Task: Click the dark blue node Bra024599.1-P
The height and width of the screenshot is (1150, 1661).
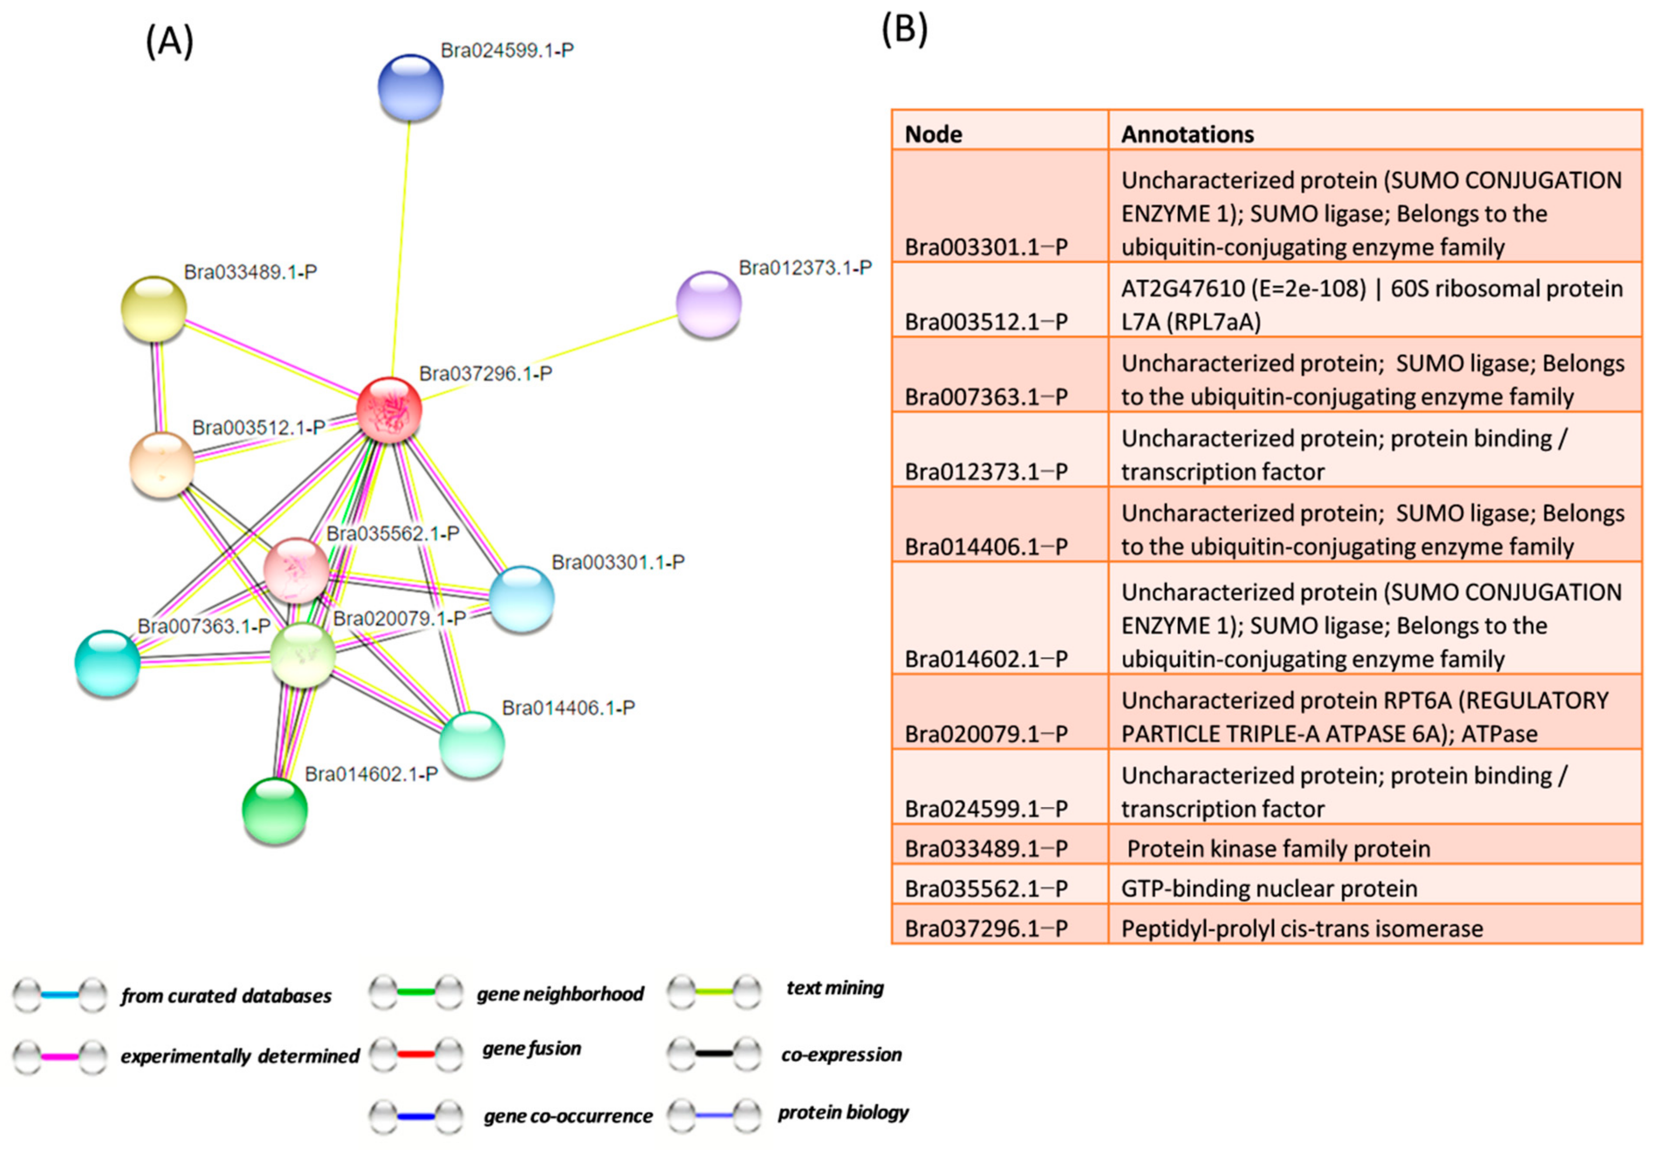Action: pyautogui.click(x=410, y=87)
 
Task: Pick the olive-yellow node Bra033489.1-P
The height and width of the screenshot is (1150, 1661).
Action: pyautogui.click(x=154, y=309)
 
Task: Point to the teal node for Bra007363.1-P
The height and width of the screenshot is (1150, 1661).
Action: pyautogui.click(x=107, y=663)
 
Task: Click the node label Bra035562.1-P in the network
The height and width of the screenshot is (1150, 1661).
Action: pyautogui.click(x=393, y=534)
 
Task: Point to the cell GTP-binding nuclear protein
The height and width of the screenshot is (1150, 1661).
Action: pyautogui.click(x=1269, y=888)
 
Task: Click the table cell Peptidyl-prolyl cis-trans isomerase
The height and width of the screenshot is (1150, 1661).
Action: pyautogui.click(x=1301, y=928)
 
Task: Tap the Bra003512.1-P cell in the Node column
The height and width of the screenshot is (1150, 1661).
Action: pyautogui.click(x=986, y=322)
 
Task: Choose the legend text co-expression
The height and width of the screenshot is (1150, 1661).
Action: pyautogui.click(x=841, y=1054)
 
